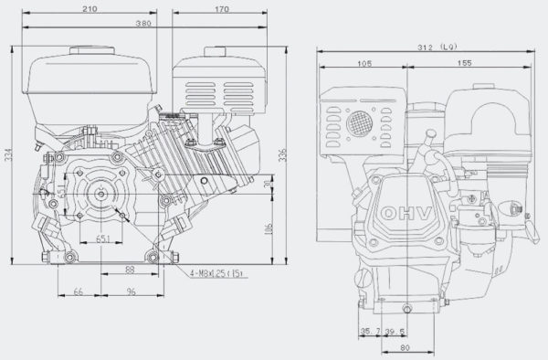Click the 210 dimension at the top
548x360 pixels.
click(x=90, y=9)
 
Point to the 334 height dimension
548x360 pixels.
click(x=9, y=156)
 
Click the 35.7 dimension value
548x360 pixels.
click(x=370, y=331)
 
